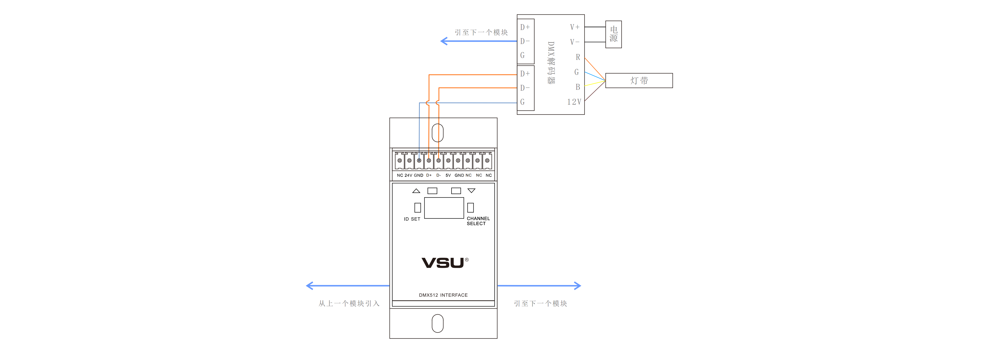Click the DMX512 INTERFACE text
click(443, 295)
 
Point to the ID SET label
click(412, 219)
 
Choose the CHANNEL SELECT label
click(478, 221)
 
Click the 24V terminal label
click(408, 175)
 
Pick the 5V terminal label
click(448, 175)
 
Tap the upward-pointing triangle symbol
click(416, 191)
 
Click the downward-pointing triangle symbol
click(471, 191)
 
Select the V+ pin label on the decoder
click(574, 27)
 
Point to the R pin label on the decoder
click(578, 57)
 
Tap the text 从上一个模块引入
click(349, 304)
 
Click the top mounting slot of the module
click(437, 133)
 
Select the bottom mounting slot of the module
click(437, 323)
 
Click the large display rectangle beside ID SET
click(444, 208)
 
